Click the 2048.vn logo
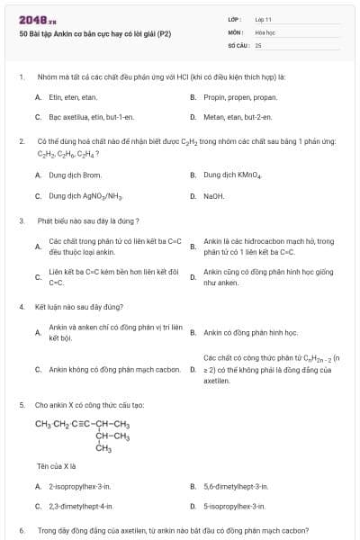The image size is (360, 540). coord(33,20)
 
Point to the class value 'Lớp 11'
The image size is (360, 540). coord(263,19)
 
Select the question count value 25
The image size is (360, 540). coord(258,43)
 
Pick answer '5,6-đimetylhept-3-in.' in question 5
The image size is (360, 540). coord(236,486)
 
